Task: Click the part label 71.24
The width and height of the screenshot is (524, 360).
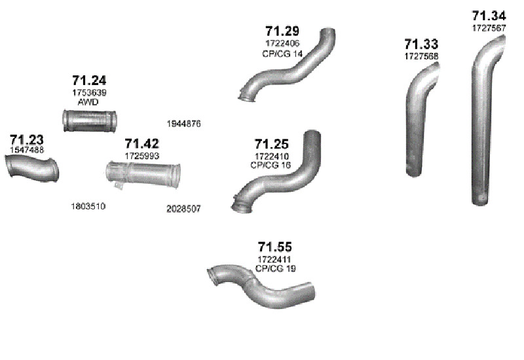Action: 89,81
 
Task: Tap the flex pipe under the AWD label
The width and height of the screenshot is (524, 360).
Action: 90,120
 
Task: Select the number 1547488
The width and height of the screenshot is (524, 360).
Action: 27,150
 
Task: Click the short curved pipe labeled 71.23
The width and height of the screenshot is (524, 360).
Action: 32,168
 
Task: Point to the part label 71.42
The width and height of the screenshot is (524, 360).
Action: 142,143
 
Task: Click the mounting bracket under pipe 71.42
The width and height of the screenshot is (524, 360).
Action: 119,185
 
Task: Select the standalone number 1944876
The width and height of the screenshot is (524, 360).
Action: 184,124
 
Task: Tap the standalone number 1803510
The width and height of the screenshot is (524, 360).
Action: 88,206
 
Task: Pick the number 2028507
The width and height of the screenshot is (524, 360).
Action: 183,209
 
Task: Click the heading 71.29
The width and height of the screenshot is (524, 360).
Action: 282,31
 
